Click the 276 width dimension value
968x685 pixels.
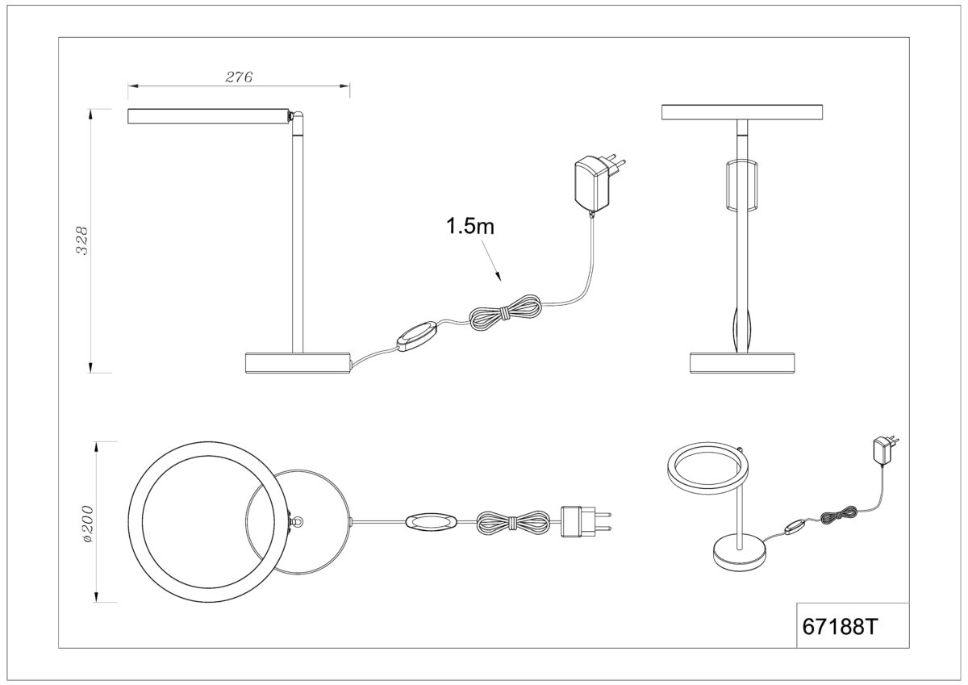[239, 77]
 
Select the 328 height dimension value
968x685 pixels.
[81, 240]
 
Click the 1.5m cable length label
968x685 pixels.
[469, 226]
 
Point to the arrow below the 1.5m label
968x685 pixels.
[492, 261]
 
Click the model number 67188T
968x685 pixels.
[840, 627]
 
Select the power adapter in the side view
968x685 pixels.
[599, 185]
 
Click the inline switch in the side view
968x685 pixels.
[418, 336]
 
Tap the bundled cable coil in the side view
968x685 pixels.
[506, 312]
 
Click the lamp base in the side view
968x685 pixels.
[298, 362]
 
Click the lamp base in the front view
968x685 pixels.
[742, 362]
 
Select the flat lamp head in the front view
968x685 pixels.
[742, 112]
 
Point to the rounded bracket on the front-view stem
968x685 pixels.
[742, 186]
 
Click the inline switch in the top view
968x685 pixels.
[431, 522]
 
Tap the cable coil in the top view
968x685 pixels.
[513, 522]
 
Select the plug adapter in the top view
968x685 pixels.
[586, 522]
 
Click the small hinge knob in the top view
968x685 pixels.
[298, 522]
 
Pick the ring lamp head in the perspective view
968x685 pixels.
[705, 468]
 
